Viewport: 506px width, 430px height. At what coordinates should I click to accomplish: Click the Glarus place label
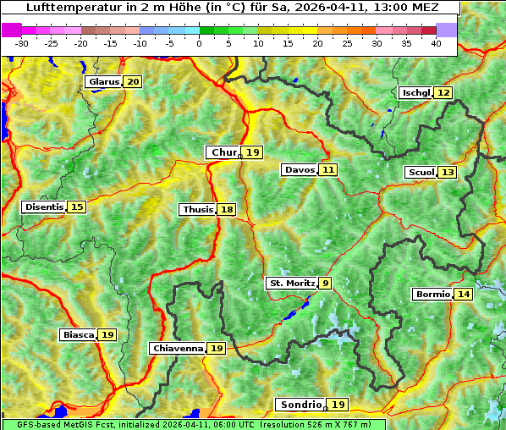pyautogui.click(x=103, y=82)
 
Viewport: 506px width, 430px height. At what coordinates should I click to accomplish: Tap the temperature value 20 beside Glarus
pyautogui.click(x=133, y=82)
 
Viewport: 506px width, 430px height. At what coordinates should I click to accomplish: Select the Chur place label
pyautogui.click(x=223, y=152)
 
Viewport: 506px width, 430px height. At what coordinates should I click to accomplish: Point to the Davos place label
pyautogui.click(x=299, y=170)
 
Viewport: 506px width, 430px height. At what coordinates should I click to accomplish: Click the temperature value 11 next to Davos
pyautogui.click(x=327, y=170)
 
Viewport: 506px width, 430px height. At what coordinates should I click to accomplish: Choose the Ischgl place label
pyautogui.click(x=415, y=92)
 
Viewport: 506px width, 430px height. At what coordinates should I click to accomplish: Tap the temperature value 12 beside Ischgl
pyautogui.click(x=443, y=92)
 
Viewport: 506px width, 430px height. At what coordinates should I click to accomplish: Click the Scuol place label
pyautogui.click(x=421, y=173)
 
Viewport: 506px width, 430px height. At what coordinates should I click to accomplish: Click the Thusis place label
pyautogui.click(x=197, y=210)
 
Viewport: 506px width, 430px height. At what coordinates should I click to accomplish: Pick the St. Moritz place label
pyautogui.click(x=291, y=284)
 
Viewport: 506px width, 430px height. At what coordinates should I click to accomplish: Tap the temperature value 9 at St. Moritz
pyautogui.click(x=326, y=284)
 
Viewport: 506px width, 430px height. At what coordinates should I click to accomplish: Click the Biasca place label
pyautogui.click(x=78, y=335)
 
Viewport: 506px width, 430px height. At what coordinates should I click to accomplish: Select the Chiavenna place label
pyautogui.click(x=178, y=349)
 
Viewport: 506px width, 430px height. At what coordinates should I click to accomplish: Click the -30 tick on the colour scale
pyautogui.click(x=22, y=42)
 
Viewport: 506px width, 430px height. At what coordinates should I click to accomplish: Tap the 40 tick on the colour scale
pyautogui.click(x=436, y=42)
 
